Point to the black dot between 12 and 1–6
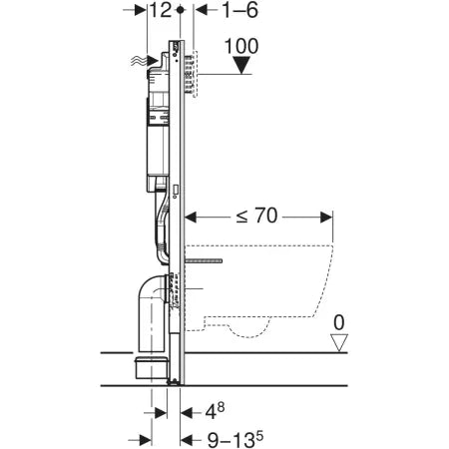point(180,10)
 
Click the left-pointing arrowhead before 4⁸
point(185,409)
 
